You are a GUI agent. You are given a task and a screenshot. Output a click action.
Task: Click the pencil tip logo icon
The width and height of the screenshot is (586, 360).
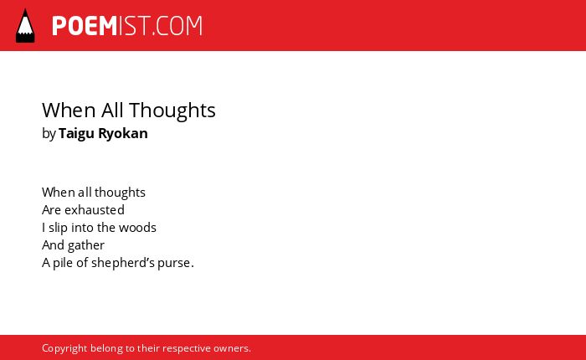tap(25, 25)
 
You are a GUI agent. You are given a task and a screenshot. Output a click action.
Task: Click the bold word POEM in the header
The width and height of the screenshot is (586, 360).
tap(85, 26)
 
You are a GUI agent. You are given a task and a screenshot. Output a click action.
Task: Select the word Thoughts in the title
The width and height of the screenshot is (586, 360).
tap(172, 111)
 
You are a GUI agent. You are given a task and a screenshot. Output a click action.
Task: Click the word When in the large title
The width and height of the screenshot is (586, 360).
tap(69, 111)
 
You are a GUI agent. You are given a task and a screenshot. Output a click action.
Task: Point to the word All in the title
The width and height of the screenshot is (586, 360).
tap(112, 110)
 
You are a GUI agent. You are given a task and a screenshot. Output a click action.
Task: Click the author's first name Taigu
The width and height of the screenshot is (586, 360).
tap(76, 134)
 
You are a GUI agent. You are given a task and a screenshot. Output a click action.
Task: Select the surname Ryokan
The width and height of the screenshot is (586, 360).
tap(123, 134)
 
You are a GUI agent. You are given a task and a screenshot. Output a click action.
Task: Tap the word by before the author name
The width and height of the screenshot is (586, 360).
tap(49, 134)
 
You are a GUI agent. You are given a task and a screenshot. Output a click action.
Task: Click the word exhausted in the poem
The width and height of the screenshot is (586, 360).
tap(95, 210)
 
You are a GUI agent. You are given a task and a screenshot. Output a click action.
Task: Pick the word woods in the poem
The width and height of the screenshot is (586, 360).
tap(137, 228)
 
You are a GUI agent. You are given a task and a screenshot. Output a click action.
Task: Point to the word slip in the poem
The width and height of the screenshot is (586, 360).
tap(58, 228)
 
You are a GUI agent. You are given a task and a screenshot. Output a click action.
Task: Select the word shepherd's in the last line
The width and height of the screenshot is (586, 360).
tap(123, 263)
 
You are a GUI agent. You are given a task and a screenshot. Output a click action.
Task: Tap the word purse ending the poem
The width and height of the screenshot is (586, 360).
tap(174, 264)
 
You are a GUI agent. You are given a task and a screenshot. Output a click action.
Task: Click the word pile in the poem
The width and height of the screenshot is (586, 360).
tap(63, 263)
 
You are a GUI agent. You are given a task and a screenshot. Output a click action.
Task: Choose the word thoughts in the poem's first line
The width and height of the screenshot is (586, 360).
tap(120, 193)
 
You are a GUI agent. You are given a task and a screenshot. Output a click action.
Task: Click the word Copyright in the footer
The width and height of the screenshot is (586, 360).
tap(64, 349)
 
